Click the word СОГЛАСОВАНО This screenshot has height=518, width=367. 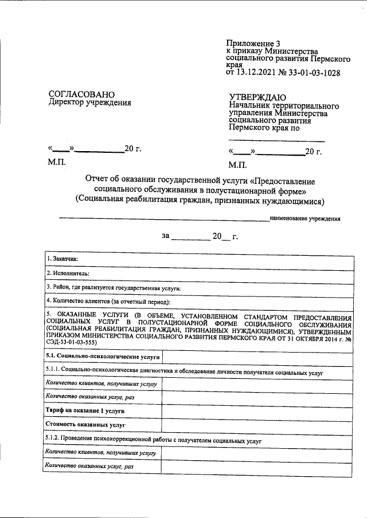click(x=81, y=94)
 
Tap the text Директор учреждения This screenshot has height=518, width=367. click(x=89, y=103)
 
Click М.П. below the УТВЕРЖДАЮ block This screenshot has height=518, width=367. click(x=237, y=165)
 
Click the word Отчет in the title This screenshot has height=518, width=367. click(x=98, y=180)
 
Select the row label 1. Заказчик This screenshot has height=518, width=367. click(x=63, y=259)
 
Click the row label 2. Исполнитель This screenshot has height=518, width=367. click(x=68, y=274)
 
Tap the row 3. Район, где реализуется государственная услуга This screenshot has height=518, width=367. click(x=114, y=288)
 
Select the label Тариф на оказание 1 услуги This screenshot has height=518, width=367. click(x=85, y=411)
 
